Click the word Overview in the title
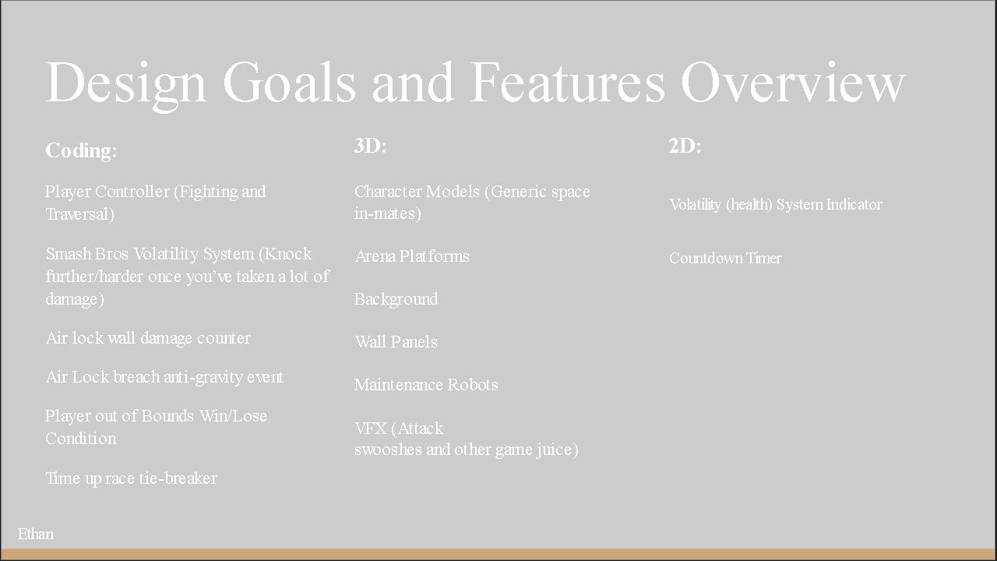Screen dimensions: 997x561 pos(793,83)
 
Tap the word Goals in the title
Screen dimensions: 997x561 pos(289,83)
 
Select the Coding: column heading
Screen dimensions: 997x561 pos(81,150)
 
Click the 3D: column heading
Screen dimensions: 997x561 pos(370,146)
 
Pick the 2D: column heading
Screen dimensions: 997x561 pos(685,146)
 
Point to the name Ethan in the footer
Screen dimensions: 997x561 pos(36,534)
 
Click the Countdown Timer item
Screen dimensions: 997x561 pos(725,258)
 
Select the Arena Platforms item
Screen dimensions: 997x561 pos(412,256)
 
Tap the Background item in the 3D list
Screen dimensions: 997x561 pos(396,299)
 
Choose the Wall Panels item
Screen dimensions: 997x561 pos(396,342)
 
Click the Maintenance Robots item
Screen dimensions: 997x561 pos(426,385)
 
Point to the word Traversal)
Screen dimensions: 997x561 pos(80,214)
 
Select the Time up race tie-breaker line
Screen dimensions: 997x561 pos(132,478)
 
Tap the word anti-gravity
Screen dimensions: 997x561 pos(203,378)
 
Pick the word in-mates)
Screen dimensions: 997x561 pos(388,213)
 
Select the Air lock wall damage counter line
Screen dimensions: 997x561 pos(148,338)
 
